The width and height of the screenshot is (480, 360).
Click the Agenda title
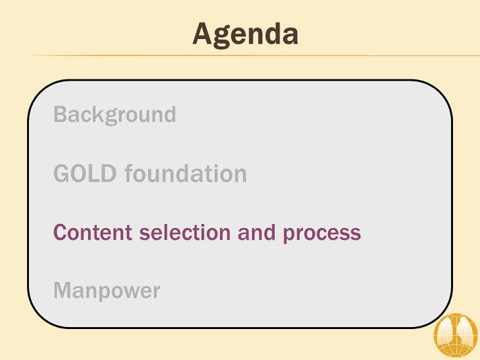coord(245,34)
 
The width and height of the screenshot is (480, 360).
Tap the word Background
coord(115,115)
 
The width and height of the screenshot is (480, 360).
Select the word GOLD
coord(85,174)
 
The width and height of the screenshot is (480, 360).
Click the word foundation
coord(186,174)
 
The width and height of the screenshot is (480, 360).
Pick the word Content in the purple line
coord(93,232)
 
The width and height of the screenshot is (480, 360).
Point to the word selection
coord(185,232)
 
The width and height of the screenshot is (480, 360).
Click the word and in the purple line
coord(257,232)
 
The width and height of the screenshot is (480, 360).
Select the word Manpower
coord(107,291)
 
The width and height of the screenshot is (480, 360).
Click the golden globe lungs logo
coord(456,334)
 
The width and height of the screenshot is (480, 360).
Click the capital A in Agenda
coord(202,34)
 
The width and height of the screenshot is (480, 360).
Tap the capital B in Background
coord(61,114)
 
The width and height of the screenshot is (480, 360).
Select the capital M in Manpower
coord(63,290)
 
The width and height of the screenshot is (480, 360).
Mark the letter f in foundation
coord(129,173)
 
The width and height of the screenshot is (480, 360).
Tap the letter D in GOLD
coord(108,174)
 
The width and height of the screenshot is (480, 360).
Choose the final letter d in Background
coord(170,114)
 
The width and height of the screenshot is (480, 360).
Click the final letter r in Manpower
coord(156,292)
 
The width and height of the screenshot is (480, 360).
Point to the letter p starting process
coord(288,235)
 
